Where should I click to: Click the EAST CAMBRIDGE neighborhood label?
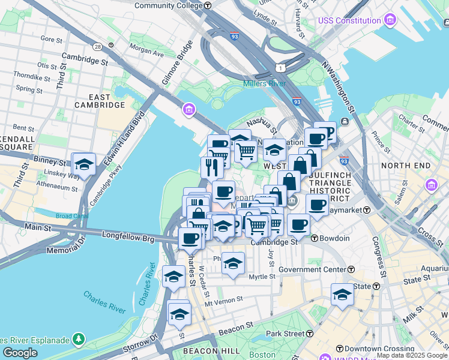(x=100, y=101)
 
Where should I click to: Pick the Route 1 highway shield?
(x=280, y=68)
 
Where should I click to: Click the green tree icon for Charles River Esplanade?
(x=79, y=340)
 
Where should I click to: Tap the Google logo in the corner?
(x=20, y=353)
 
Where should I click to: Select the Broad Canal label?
(x=71, y=216)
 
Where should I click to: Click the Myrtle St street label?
(x=261, y=277)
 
